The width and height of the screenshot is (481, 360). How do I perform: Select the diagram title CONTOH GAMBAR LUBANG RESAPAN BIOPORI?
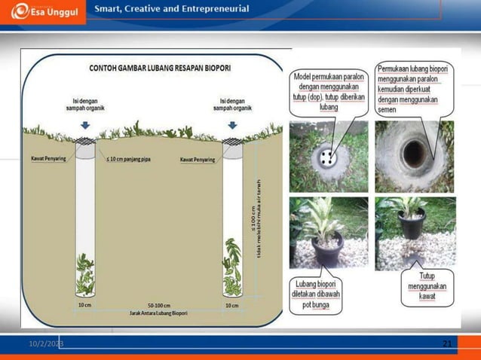(160, 68)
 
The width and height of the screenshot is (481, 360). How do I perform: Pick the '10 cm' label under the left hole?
(86, 306)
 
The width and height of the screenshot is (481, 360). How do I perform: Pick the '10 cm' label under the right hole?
(232, 306)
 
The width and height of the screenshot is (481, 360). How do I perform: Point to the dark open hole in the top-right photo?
(415, 154)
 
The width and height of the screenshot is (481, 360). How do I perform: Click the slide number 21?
(447, 344)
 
